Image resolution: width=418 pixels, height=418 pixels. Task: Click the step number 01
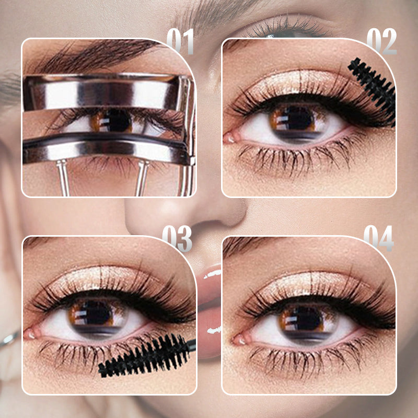pos(180,41)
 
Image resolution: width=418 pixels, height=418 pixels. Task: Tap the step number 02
pos(381,41)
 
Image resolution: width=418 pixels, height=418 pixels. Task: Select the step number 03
pos(177,239)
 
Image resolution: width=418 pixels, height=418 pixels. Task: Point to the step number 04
pos(378,239)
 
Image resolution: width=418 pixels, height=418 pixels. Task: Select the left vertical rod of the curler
pos(63,178)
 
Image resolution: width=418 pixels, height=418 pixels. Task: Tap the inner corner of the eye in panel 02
pos(230,138)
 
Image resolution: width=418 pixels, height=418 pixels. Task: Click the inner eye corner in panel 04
pos(240,339)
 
